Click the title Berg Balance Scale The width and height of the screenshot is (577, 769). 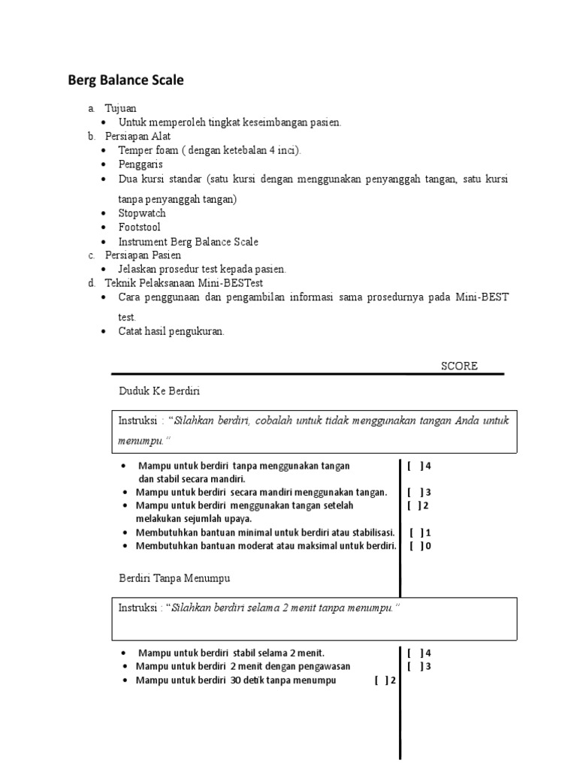pyautogui.click(x=125, y=80)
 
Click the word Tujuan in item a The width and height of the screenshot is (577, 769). pyautogui.click(x=121, y=108)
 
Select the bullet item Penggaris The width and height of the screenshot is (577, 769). pyautogui.click(x=140, y=164)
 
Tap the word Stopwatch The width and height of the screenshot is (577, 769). pyautogui.click(x=142, y=213)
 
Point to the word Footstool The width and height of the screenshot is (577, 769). pyautogui.click(x=139, y=227)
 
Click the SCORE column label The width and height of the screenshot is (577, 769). pyautogui.click(x=459, y=366)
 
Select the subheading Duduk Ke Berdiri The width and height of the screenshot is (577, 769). pyautogui.click(x=159, y=391)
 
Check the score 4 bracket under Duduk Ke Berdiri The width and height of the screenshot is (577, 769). pyautogui.click(x=415, y=466)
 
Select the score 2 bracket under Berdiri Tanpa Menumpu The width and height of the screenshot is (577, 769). pyautogui.click(x=381, y=680)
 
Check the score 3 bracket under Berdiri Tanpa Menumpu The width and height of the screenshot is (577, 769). pyautogui.click(x=415, y=666)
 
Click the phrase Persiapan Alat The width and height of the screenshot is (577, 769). pyautogui.click(x=138, y=136)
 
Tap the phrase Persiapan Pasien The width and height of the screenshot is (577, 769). pyautogui.click(x=143, y=255)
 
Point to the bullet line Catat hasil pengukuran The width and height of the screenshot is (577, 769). pyautogui.click(x=171, y=331)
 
